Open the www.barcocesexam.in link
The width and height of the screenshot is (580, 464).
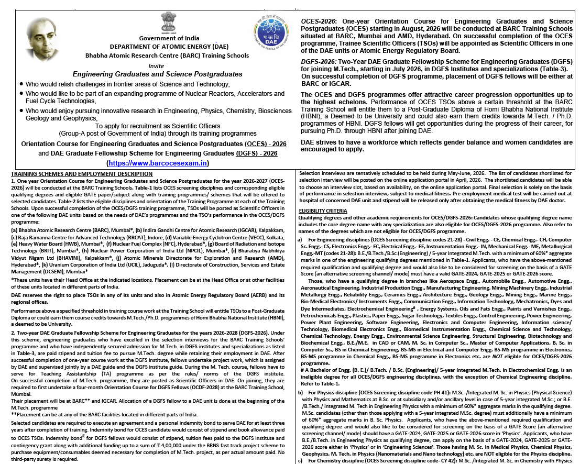click(158, 163)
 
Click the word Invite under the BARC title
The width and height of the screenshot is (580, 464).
click(157, 65)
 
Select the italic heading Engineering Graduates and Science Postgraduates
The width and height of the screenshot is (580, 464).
click(157, 74)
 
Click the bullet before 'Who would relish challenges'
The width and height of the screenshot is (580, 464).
click(21, 85)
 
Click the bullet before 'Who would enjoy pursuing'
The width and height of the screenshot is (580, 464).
click(21, 112)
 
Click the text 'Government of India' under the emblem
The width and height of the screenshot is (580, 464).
click(169, 38)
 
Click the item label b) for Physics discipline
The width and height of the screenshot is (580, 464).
click(300, 392)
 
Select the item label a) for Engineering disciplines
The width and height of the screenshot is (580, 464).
click(300, 239)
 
